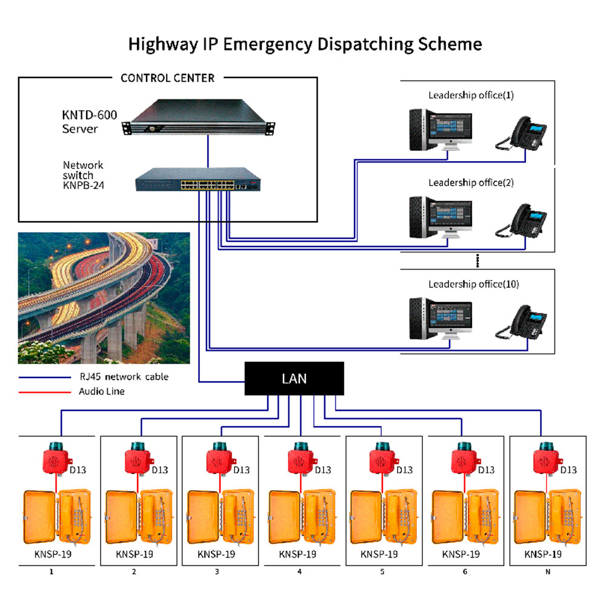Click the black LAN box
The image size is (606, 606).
coord(294,379)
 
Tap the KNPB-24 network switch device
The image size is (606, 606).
coord(197,179)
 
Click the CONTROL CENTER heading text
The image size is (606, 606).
coord(167,78)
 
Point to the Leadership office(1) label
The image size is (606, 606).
coord(471,95)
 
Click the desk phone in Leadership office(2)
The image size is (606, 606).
coord(521,221)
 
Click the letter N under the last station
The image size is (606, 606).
coord(548,571)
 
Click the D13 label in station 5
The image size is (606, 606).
coord(404,470)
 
